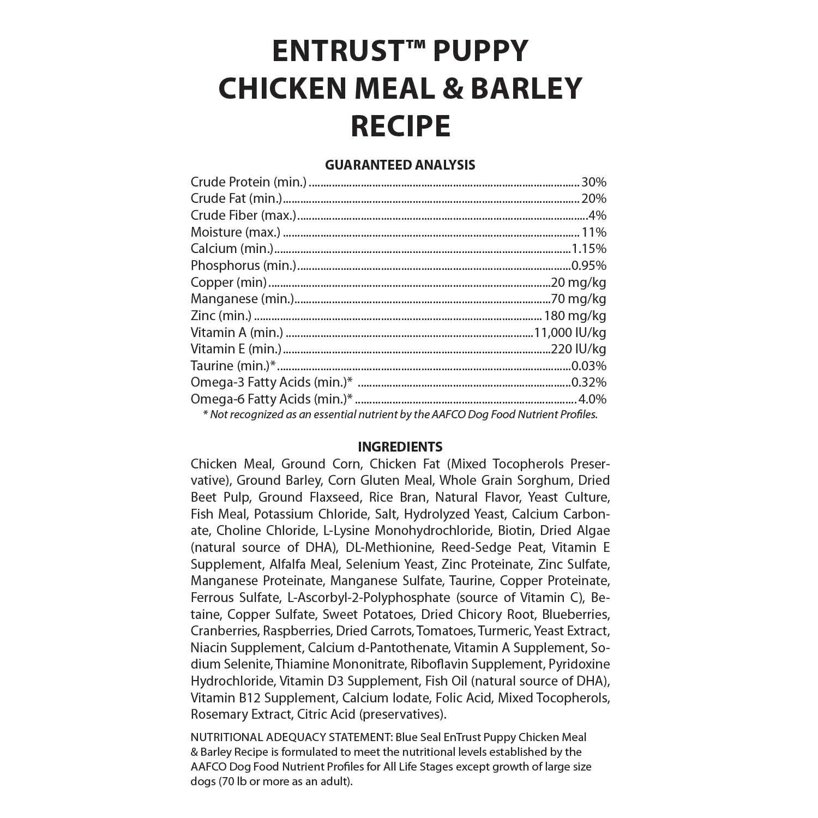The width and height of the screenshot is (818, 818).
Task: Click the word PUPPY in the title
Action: [x=480, y=51]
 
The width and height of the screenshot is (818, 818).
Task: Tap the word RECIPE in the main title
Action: [x=400, y=125]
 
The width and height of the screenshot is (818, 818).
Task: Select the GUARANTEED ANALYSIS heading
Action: [x=400, y=165]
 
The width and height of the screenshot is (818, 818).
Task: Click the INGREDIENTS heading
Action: [x=400, y=447]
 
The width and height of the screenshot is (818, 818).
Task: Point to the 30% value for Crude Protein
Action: [x=593, y=182]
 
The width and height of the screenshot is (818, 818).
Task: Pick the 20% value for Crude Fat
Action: [x=593, y=199]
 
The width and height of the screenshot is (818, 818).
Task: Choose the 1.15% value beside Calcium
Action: [x=589, y=249]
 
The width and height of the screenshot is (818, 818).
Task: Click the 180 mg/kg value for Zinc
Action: [x=575, y=316]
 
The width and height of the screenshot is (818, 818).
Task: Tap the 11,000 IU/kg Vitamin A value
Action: [x=570, y=333]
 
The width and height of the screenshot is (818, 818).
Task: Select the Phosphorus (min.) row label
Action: [x=243, y=266]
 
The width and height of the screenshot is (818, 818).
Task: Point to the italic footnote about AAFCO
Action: [x=400, y=414]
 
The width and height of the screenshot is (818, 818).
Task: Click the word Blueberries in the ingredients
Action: [x=576, y=615]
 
